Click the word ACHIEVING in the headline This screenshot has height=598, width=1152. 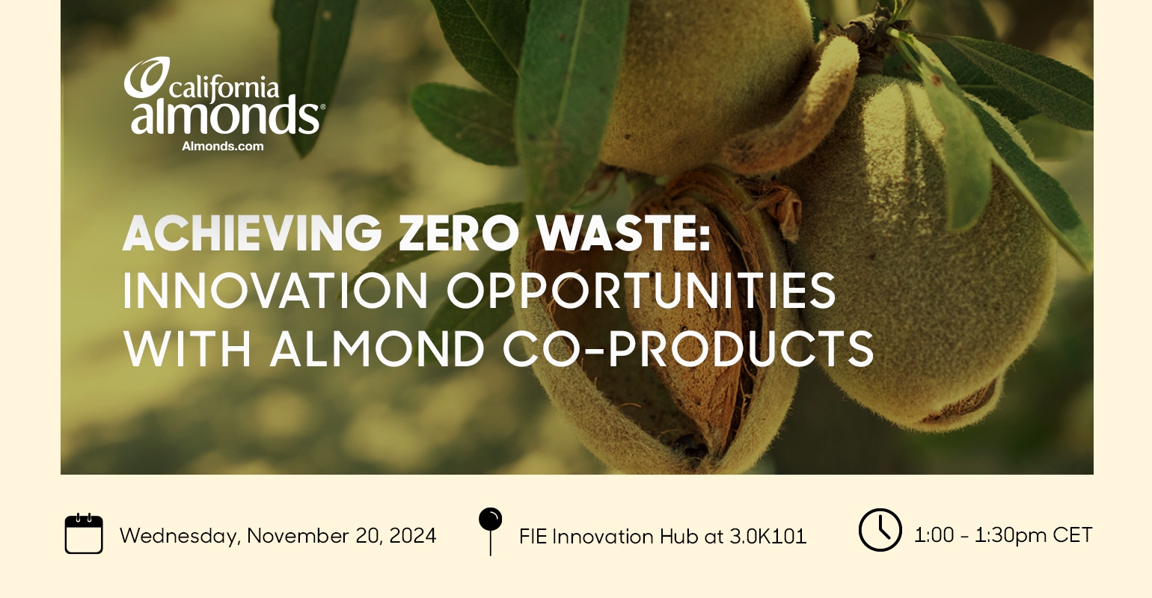(x=252, y=233)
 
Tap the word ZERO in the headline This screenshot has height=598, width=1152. (x=459, y=233)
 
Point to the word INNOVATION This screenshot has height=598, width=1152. (x=275, y=291)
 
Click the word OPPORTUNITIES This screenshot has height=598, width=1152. (x=641, y=291)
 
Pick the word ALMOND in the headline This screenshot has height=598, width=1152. (x=378, y=349)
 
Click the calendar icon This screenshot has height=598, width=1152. (x=84, y=534)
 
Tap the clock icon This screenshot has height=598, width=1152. (x=880, y=530)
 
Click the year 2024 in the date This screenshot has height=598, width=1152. (x=412, y=536)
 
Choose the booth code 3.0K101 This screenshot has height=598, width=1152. (x=768, y=537)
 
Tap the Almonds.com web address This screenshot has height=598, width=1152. (x=223, y=147)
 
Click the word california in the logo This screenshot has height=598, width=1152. (x=224, y=87)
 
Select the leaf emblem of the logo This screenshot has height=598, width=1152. (x=147, y=77)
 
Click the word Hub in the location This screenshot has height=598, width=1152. (x=679, y=537)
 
